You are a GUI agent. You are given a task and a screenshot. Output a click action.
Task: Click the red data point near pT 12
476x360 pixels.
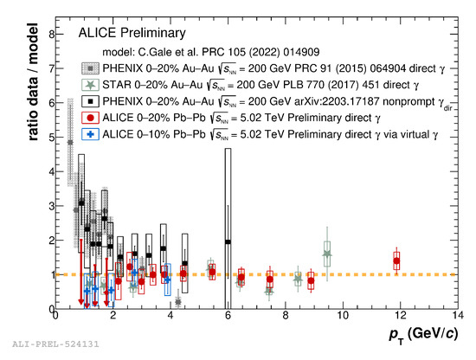click(x=396, y=260)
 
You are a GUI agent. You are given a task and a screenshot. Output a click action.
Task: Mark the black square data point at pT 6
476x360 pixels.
click(x=228, y=242)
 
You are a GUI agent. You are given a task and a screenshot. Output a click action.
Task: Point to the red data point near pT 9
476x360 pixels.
click(x=312, y=280)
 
